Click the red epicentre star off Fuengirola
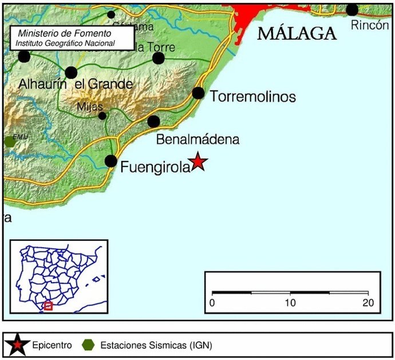(197, 162)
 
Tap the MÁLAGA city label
(297, 33)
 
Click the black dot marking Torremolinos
(198, 93)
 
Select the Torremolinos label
(253, 97)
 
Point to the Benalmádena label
(197, 140)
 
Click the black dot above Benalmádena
(153, 121)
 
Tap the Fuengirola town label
(155, 168)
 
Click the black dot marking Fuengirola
(111, 161)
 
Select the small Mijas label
(90, 107)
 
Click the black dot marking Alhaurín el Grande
(71, 73)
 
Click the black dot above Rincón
(352, 10)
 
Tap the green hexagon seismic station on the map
(8, 141)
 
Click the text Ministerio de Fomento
(65, 34)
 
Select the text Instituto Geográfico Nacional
(65, 43)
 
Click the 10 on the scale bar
(291, 303)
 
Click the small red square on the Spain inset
(49, 306)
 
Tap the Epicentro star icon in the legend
(18, 345)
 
